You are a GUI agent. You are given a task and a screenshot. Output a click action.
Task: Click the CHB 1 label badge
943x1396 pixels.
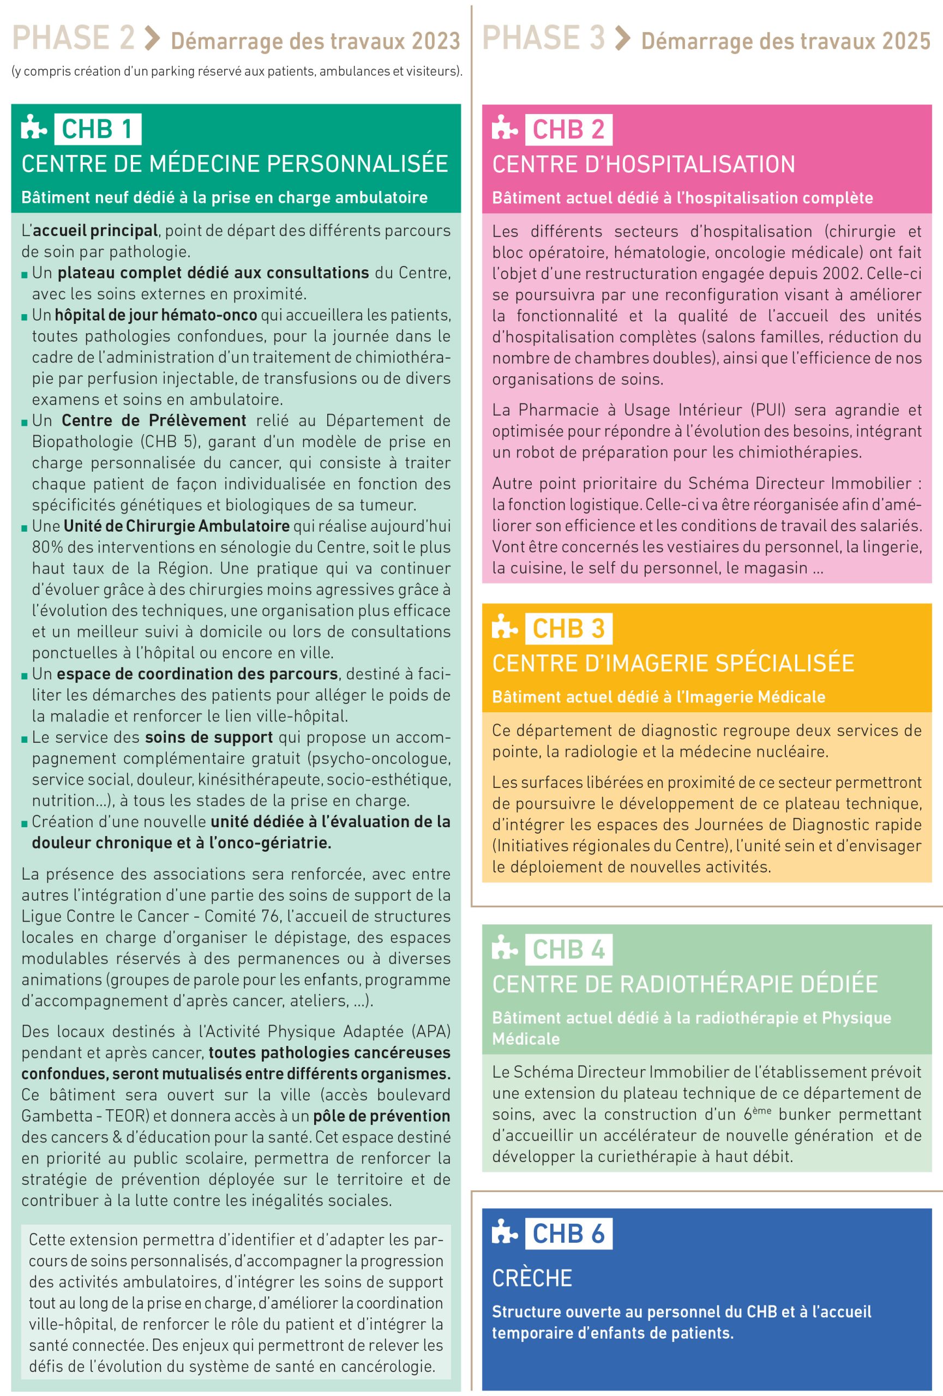coord(97,129)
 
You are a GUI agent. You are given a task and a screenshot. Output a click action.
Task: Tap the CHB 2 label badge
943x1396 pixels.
coord(568,129)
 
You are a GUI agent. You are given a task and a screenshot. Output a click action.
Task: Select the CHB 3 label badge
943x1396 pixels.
coord(568,628)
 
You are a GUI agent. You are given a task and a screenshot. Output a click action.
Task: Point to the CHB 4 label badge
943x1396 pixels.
coord(568,949)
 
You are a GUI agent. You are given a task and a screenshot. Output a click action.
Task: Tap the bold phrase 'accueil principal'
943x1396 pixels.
coord(95,231)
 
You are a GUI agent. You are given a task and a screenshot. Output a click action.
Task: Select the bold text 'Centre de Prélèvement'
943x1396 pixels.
coord(154,420)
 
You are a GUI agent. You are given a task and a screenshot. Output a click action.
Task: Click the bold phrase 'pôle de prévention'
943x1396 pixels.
coord(381,1116)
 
